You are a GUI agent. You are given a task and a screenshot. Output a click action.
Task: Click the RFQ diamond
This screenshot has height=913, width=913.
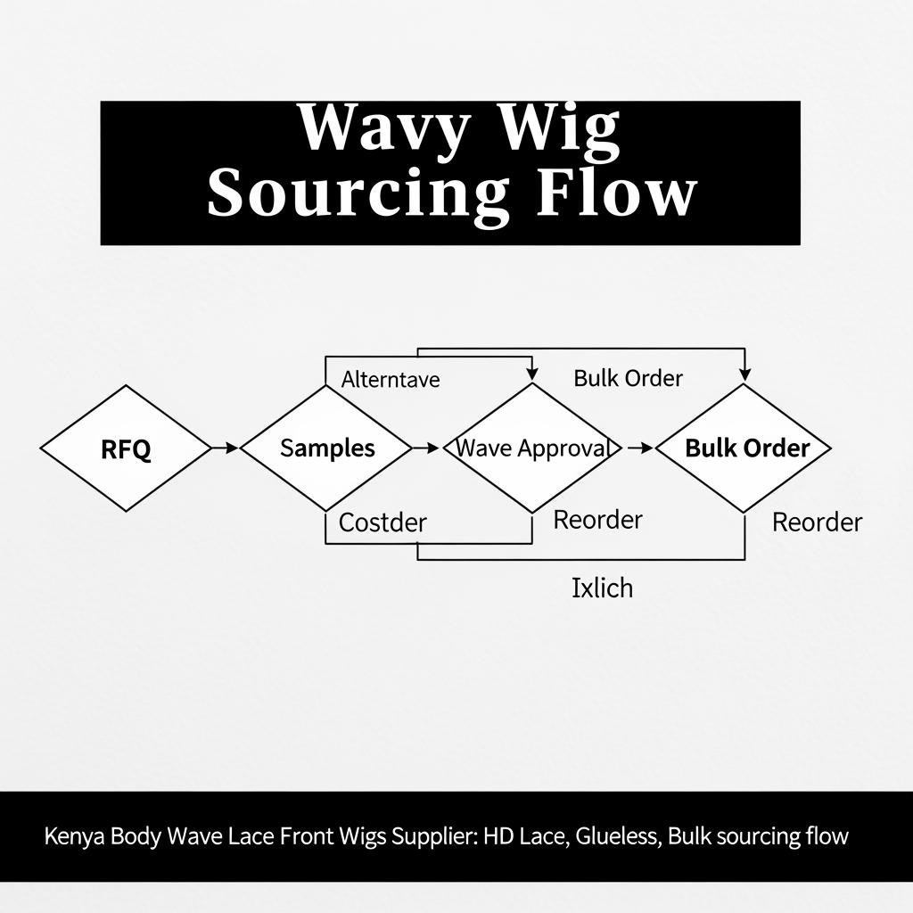pyautogui.click(x=126, y=448)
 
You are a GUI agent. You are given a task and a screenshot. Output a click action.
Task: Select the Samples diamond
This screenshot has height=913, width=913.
pyautogui.click(x=326, y=448)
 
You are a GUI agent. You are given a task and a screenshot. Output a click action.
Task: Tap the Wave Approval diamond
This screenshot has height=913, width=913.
pyautogui.click(x=532, y=448)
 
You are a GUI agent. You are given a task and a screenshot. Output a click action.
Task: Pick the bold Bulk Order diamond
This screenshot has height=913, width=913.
pyautogui.click(x=745, y=448)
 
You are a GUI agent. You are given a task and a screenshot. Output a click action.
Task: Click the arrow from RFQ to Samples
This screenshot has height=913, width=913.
pyautogui.click(x=226, y=448)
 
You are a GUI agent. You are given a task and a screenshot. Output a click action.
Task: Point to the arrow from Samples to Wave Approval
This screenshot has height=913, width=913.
pyautogui.click(x=428, y=448)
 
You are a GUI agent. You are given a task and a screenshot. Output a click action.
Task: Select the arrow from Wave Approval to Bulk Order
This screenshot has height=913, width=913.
pyautogui.click(x=640, y=448)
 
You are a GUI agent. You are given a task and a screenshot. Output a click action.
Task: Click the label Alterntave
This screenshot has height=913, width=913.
pyautogui.click(x=391, y=379)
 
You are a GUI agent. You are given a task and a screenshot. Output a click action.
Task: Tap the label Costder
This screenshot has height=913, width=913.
pyautogui.click(x=382, y=522)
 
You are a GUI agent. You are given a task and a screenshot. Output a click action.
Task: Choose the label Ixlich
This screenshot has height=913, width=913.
pyautogui.click(x=602, y=588)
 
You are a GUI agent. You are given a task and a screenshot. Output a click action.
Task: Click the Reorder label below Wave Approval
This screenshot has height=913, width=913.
pyautogui.click(x=597, y=520)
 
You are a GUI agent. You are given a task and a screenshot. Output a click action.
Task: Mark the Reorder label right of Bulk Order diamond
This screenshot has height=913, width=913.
pyautogui.click(x=817, y=522)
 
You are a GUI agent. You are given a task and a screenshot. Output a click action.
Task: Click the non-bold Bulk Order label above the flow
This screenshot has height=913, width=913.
pyautogui.click(x=628, y=378)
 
